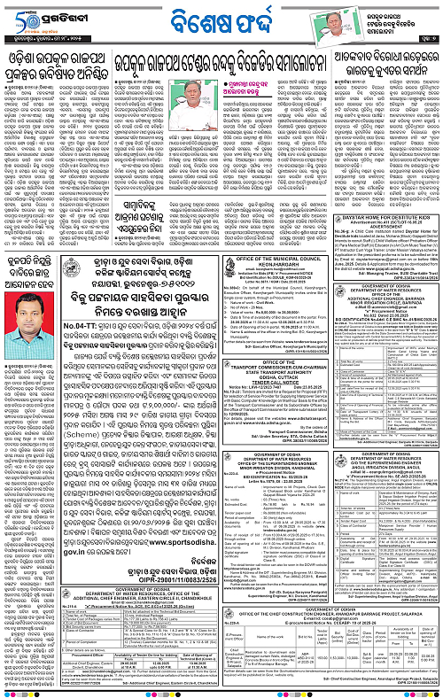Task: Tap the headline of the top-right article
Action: pyautogui.click(x=367, y=62)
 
